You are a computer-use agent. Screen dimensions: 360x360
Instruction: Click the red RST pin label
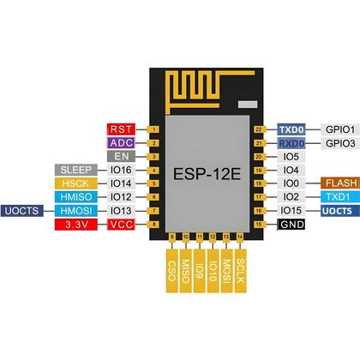coord(121,129)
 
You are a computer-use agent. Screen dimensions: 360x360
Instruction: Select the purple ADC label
coord(121,143)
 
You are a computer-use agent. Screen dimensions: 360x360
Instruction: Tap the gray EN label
coord(121,157)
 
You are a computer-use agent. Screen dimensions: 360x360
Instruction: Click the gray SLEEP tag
coord(78,170)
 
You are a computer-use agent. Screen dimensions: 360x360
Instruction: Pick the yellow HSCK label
coord(78,183)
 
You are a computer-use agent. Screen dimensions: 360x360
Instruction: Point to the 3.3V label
coord(78,224)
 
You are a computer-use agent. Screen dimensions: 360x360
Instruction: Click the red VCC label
coord(121,224)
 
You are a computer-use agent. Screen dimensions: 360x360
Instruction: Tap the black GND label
coord(289,224)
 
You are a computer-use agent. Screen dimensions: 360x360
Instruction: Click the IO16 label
coord(121,170)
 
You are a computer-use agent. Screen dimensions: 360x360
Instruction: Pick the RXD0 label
coord(289,143)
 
